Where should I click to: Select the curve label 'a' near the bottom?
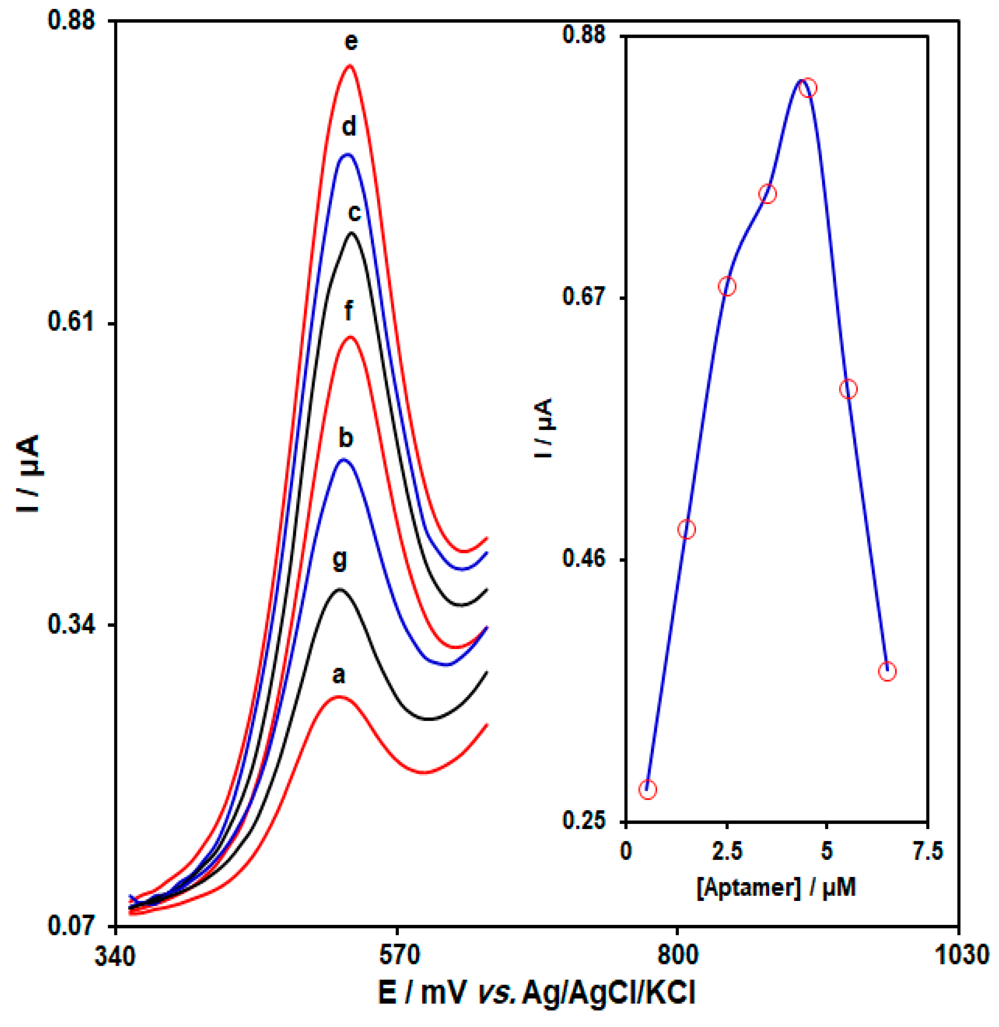pos(339,675)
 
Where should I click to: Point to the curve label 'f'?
pos(349,311)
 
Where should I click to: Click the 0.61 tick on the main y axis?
pos(71,321)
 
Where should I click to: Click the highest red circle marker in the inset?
pos(808,88)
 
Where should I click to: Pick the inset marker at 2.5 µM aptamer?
pos(727,286)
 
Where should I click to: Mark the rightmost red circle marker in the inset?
pos(887,671)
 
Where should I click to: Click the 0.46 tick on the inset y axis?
pos(584,559)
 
